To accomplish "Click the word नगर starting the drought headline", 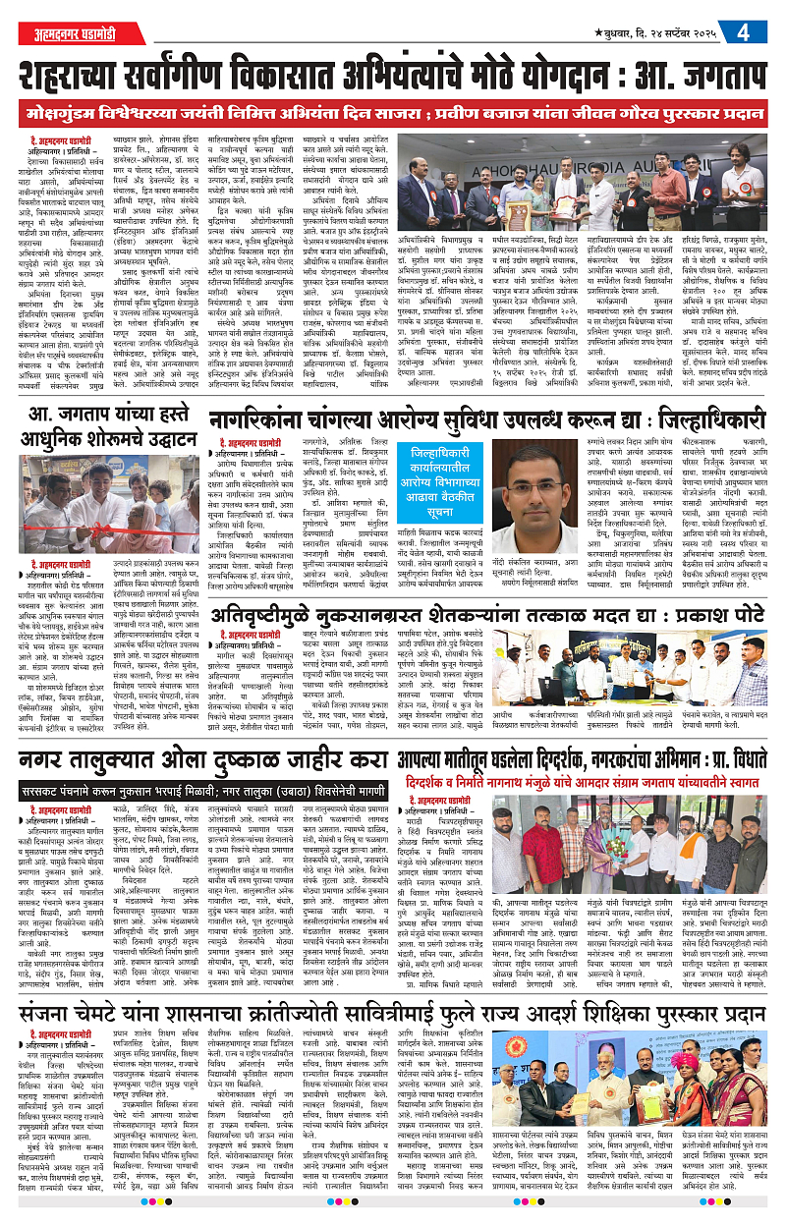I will click(43, 762).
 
